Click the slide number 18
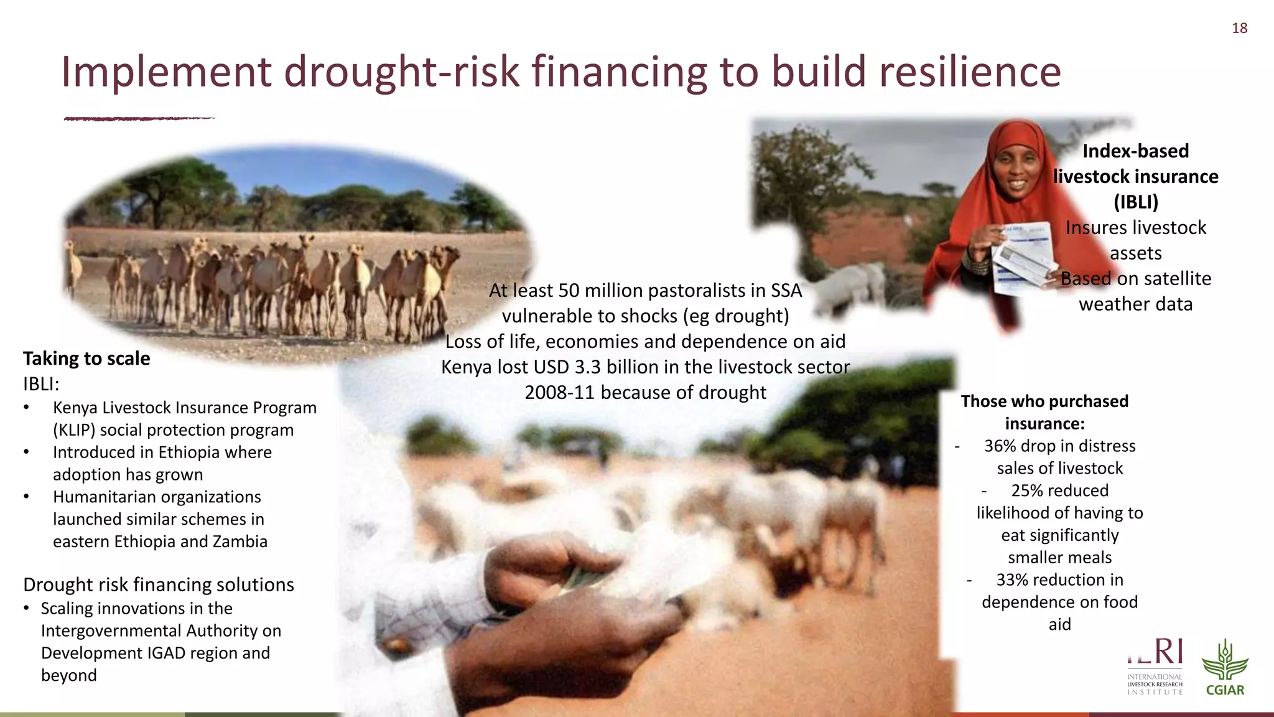point(1239,28)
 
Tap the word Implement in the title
point(166,72)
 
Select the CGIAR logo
point(1225,668)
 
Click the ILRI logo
point(1155,667)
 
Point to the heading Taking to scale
point(86,358)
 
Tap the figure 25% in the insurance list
point(1028,490)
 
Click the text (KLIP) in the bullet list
point(74,430)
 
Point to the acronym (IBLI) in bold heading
point(1135,202)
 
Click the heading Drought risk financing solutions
point(159,584)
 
